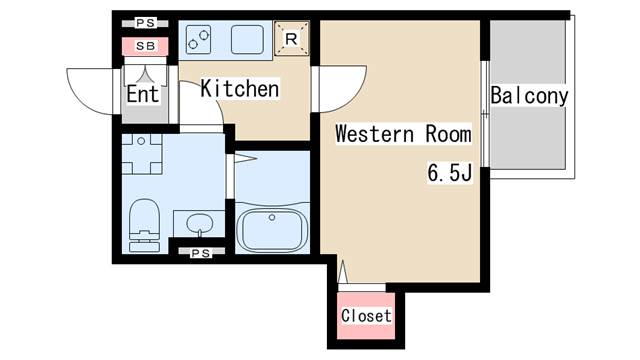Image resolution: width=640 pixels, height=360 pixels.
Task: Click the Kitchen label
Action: (x=240, y=89)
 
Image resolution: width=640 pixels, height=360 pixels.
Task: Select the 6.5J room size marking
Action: (x=450, y=173)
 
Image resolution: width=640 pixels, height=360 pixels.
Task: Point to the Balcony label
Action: (x=529, y=97)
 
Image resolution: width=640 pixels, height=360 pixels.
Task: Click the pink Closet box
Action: (x=366, y=316)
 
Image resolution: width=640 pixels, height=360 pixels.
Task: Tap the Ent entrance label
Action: (x=142, y=96)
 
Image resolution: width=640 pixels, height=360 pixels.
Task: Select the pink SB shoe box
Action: (x=145, y=46)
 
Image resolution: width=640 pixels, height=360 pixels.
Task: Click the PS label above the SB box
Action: (x=145, y=23)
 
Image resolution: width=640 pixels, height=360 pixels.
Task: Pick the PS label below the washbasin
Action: (x=201, y=253)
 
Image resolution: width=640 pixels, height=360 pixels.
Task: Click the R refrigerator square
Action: (x=290, y=40)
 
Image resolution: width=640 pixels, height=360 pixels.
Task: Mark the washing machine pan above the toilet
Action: (x=144, y=153)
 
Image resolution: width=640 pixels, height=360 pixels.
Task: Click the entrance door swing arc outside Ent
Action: (x=88, y=90)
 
